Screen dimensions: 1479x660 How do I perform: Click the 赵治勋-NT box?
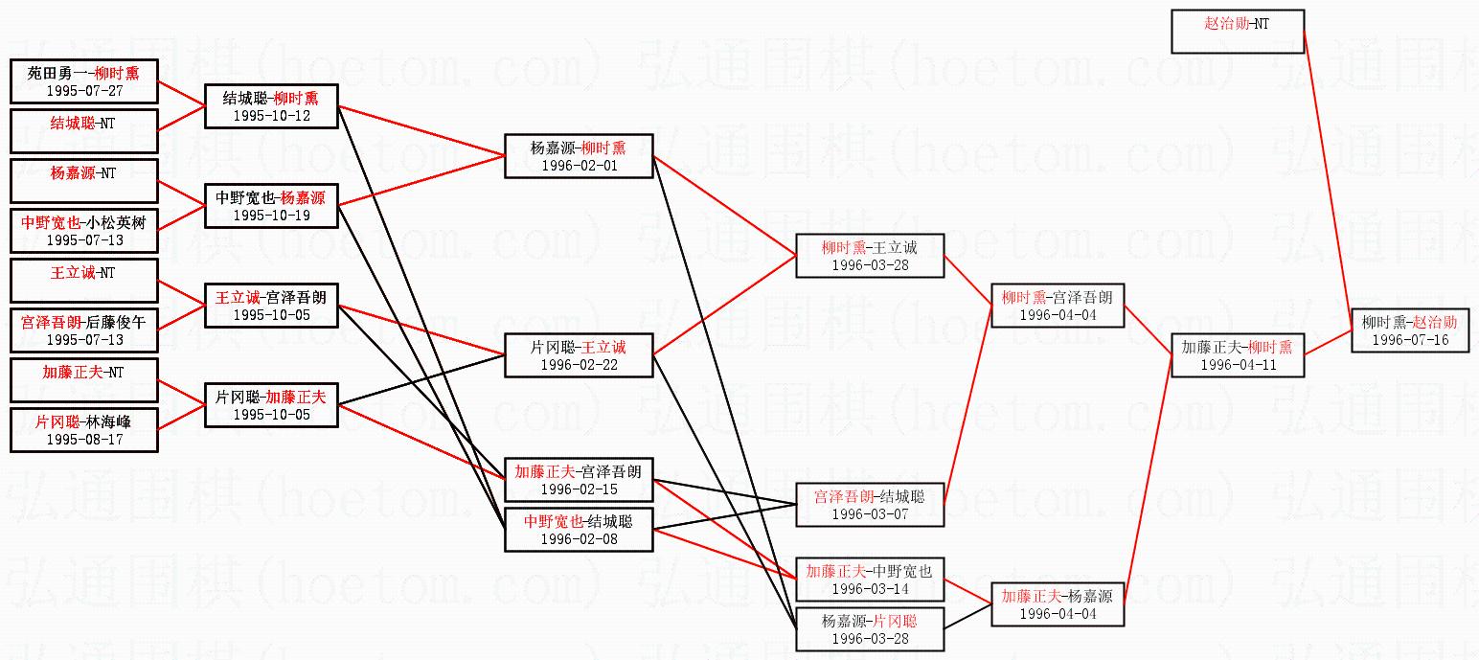click(1237, 32)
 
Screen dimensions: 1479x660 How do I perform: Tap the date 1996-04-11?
click(1237, 365)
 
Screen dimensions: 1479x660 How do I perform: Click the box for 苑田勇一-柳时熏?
click(83, 80)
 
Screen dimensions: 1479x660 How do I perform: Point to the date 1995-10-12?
click(271, 115)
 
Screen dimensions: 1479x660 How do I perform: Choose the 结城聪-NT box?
click(83, 130)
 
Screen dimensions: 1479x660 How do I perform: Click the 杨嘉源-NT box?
click(83, 180)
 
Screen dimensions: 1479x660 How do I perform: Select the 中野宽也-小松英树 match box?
click(83, 230)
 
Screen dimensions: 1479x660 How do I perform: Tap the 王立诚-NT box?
click(83, 280)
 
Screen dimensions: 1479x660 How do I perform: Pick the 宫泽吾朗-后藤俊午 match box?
click(83, 330)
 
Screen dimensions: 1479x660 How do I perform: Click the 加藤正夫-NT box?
click(83, 379)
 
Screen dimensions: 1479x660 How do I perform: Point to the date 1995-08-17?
click(83, 439)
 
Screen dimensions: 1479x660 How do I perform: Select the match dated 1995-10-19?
click(271, 206)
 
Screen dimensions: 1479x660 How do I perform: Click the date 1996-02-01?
click(579, 165)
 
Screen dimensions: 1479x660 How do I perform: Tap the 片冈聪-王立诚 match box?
click(579, 355)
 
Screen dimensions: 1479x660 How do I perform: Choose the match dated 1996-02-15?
click(579, 479)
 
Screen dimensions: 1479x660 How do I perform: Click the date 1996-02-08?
click(579, 538)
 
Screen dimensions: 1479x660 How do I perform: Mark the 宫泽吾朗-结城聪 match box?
click(870, 504)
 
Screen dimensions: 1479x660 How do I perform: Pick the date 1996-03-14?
click(870, 588)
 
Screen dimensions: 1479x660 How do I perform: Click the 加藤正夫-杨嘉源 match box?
click(1058, 604)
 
